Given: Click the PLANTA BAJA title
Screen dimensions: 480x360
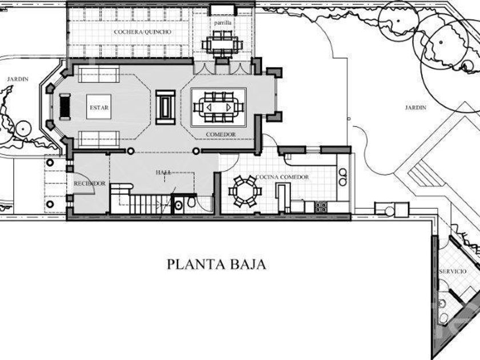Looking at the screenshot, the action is pyautogui.click(x=217, y=265).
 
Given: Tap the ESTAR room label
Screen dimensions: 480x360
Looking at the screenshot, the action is pyautogui.click(x=99, y=107).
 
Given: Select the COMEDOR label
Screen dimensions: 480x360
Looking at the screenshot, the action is pyautogui.click(x=221, y=134).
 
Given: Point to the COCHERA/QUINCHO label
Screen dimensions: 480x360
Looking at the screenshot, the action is pyautogui.click(x=142, y=32).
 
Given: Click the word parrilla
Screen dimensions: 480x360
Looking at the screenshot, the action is pyautogui.click(x=222, y=23).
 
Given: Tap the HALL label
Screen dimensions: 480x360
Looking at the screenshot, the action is pyautogui.click(x=163, y=173).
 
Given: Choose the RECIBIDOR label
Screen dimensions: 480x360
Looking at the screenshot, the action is pyautogui.click(x=89, y=183).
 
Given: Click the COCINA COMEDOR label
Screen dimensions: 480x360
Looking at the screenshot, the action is pyautogui.click(x=282, y=177).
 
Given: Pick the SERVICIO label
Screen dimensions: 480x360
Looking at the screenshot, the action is pyautogui.click(x=453, y=271).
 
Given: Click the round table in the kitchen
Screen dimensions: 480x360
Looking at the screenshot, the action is pyautogui.click(x=245, y=192).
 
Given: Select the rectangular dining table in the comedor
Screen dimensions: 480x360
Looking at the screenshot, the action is pyautogui.click(x=218, y=107).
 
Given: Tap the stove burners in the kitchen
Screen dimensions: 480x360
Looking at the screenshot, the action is pyautogui.click(x=321, y=207).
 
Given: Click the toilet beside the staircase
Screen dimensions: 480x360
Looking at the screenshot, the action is pyautogui.click(x=191, y=202).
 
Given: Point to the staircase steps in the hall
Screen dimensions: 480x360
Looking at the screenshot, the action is pyautogui.click(x=146, y=204).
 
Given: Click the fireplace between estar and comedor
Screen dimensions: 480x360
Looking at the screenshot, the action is pyautogui.click(x=165, y=107).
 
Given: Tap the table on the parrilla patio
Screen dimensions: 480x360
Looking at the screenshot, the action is pyautogui.click(x=222, y=45).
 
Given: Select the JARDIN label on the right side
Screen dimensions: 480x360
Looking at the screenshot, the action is pyautogui.click(x=415, y=107).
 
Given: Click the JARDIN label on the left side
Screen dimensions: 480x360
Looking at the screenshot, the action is pyautogui.click(x=18, y=79).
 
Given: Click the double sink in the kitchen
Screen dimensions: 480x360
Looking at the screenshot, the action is pyautogui.click(x=343, y=177).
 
